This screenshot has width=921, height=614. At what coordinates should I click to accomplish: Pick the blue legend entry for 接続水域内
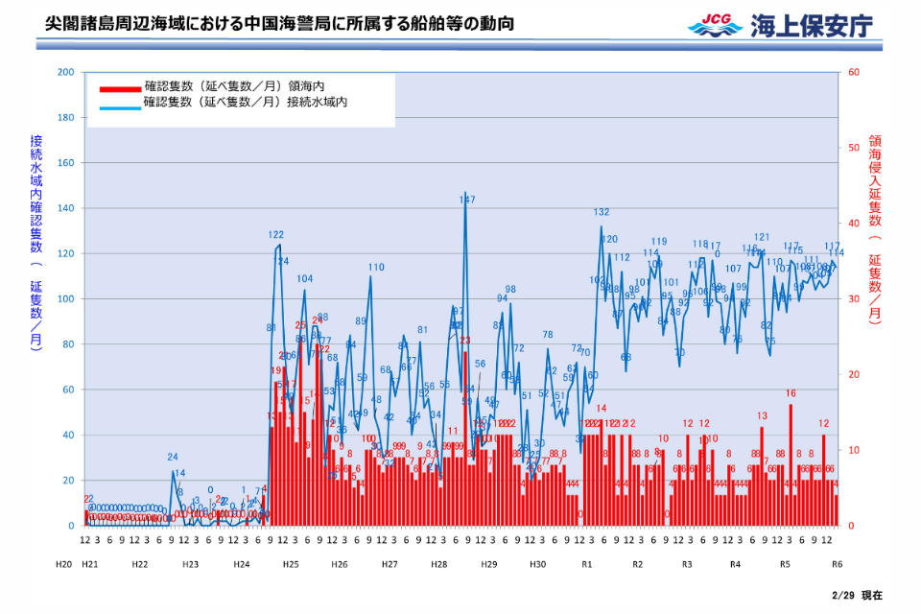coord(245,102)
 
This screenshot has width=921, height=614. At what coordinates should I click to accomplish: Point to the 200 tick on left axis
coord(65,72)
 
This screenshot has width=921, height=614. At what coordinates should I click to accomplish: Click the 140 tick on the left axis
coord(65,208)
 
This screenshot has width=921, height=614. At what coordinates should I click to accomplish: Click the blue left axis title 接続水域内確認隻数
coord(36,240)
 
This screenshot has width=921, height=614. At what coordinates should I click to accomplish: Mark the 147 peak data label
coord(467,200)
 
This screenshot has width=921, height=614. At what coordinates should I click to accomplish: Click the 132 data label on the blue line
coord(602,212)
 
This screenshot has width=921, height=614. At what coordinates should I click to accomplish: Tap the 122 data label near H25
coord(275,234)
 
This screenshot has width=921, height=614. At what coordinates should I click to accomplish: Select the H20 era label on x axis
coord(63,564)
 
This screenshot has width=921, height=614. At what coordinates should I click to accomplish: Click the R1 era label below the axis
coord(588,564)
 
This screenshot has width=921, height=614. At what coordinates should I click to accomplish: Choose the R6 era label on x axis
coord(837,564)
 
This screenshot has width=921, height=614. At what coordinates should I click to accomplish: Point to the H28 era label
coord(439,564)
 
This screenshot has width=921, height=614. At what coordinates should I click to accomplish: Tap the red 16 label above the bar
coord(791,393)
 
